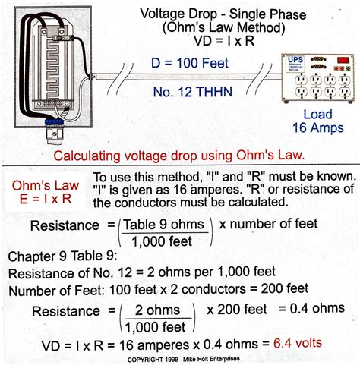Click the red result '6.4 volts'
pos(298,343)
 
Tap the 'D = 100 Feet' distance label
pos(190,63)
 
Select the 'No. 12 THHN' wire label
pos(193,92)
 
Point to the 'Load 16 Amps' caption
pos(318,121)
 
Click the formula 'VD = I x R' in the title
pos(224,41)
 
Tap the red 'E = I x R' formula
pos(46,199)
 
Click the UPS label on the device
pos(295,60)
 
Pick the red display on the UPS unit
pos(343,60)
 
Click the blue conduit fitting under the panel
pos(54,121)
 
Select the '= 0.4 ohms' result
pos(311,308)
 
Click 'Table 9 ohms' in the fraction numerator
pos(164,225)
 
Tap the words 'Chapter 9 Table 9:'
pos(63,256)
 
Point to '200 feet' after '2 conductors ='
pos(285,288)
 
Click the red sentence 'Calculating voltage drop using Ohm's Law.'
pos(179,155)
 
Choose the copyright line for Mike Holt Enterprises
pos(184,359)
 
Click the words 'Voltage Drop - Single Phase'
pos(223,14)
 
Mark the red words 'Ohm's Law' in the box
pos(46,185)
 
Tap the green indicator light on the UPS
pos(348,68)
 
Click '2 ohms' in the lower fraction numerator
pos(157,310)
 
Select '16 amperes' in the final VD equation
pos(154,345)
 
